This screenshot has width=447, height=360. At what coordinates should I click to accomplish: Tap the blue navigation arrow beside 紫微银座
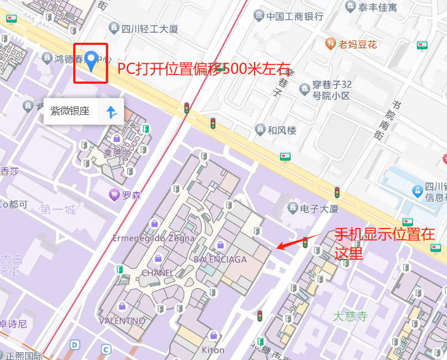tap(111, 112)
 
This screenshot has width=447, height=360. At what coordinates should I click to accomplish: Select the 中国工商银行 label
tap(294, 16)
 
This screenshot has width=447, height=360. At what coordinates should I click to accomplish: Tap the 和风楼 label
tap(282, 130)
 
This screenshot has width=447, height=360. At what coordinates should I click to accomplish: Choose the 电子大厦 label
tap(319, 209)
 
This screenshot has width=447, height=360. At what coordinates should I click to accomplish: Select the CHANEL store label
tap(158, 273)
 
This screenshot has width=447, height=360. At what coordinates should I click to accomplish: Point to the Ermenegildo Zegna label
tap(154, 239)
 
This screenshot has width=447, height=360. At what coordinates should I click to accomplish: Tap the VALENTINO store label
tap(122, 321)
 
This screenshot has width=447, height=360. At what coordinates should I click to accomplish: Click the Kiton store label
tap(213, 350)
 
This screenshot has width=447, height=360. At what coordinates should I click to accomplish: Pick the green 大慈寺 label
tap(350, 316)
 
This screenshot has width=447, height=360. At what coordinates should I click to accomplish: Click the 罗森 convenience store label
tap(131, 195)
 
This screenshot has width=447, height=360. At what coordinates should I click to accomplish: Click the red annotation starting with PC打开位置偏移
tap(204, 69)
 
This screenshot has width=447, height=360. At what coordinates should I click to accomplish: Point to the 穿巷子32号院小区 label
tap(331, 90)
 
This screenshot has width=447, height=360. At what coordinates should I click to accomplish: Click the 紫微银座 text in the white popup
tap(70, 111)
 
